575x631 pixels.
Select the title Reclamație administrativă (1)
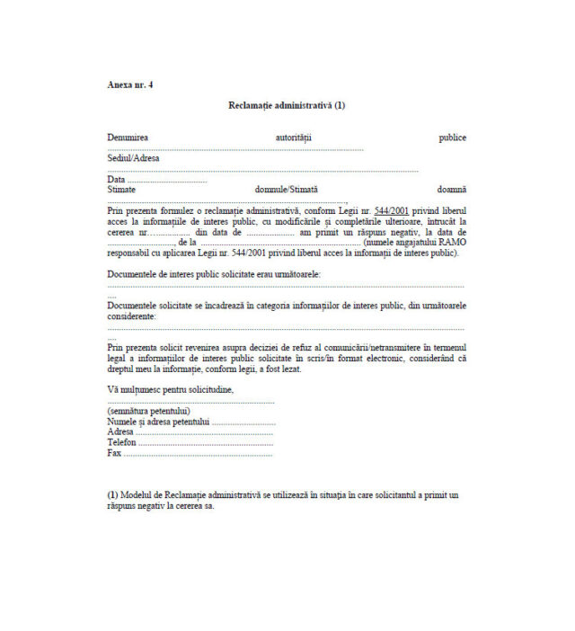coord(287,105)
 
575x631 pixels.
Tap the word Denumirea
coord(128,138)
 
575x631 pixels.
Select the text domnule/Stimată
coord(287,190)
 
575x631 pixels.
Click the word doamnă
coord(452,190)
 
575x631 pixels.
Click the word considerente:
coord(131,316)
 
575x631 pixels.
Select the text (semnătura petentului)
coord(149,411)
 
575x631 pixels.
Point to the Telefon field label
coord(121,442)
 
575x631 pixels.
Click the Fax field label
coord(114,453)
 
